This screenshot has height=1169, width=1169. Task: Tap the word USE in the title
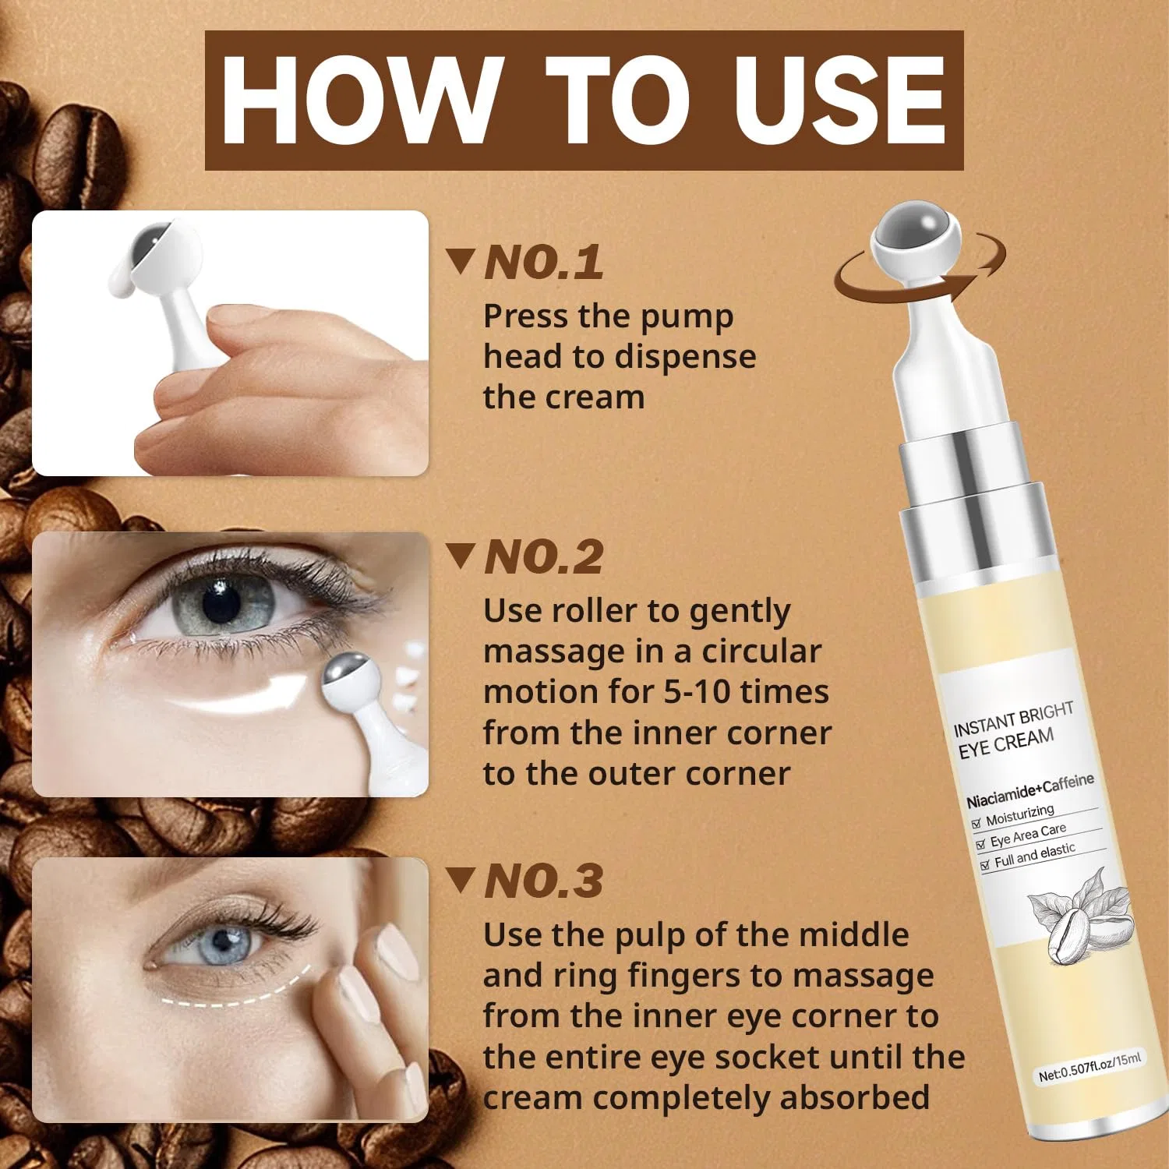point(839,101)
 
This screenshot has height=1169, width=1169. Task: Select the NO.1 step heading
point(543,262)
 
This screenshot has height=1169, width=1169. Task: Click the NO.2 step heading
point(543,556)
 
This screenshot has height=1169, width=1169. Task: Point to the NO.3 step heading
point(543,881)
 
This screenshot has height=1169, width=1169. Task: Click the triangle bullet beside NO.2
point(461,556)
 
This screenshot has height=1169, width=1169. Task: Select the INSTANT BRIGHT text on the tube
point(1013,719)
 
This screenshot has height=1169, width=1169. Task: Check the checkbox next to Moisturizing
point(976,823)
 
